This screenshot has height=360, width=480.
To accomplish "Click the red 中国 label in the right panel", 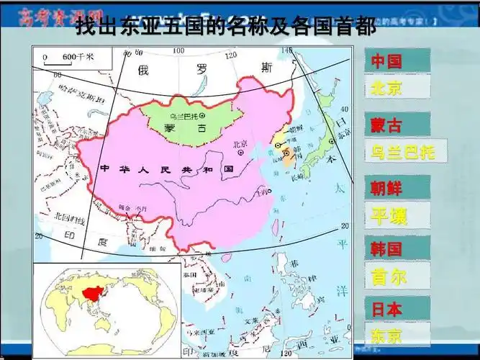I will (x=386, y=61).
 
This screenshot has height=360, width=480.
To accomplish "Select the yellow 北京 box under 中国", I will (x=386, y=88).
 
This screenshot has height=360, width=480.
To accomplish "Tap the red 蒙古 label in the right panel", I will (x=386, y=125).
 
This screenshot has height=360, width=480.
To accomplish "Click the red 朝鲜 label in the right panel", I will (x=386, y=189).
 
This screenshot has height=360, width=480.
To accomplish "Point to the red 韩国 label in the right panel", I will (x=386, y=249).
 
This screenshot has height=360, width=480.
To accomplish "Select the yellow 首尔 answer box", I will (x=389, y=276).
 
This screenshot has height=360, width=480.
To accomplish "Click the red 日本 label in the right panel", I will (x=386, y=309).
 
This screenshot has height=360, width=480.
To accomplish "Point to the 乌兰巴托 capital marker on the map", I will (x=202, y=114).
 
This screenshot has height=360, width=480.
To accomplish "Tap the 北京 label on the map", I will (x=240, y=143).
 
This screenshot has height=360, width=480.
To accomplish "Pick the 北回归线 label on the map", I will (x=71, y=216).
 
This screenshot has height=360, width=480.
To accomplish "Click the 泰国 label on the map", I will (x=190, y=275).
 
